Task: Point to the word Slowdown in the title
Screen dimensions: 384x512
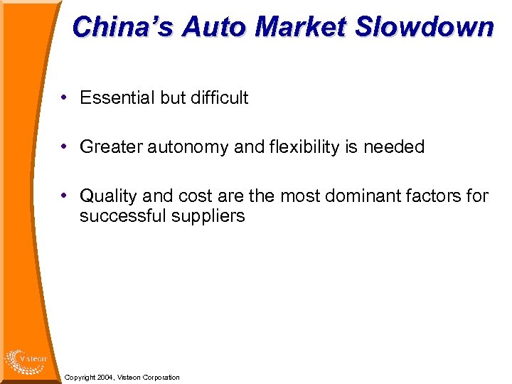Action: click(x=424, y=27)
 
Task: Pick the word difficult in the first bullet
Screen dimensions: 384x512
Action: click(x=218, y=98)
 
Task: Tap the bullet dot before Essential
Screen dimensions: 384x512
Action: click(x=65, y=97)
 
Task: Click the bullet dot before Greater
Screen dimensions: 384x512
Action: click(x=65, y=146)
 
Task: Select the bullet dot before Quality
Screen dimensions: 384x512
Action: click(x=65, y=195)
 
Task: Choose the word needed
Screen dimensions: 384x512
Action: click(x=394, y=147)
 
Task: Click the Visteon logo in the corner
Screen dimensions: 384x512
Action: click(x=25, y=361)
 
